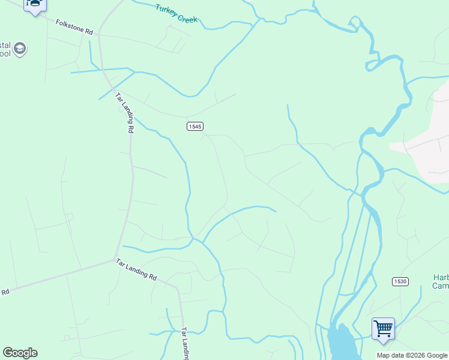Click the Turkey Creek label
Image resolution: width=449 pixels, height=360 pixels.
click(176, 13)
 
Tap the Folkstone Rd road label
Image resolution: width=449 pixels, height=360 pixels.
click(74, 27)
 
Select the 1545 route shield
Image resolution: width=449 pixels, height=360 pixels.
click(194, 126)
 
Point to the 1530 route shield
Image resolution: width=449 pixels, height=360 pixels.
click(400, 281)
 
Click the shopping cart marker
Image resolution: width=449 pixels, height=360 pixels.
click(383, 329)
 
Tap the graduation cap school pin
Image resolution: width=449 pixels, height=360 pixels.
click(20, 49)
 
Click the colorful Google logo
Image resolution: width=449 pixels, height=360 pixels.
click(20, 353)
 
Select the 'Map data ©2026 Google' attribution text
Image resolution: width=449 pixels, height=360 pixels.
click(412, 355)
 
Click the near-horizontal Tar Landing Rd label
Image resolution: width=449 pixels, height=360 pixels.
click(136, 270)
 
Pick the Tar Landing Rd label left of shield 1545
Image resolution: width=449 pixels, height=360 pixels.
click(124, 112)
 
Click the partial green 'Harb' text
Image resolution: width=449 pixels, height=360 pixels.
click(441, 277)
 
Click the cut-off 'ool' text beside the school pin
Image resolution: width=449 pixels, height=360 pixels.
click(5, 53)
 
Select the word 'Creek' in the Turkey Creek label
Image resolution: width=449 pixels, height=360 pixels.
click(187, 17)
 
